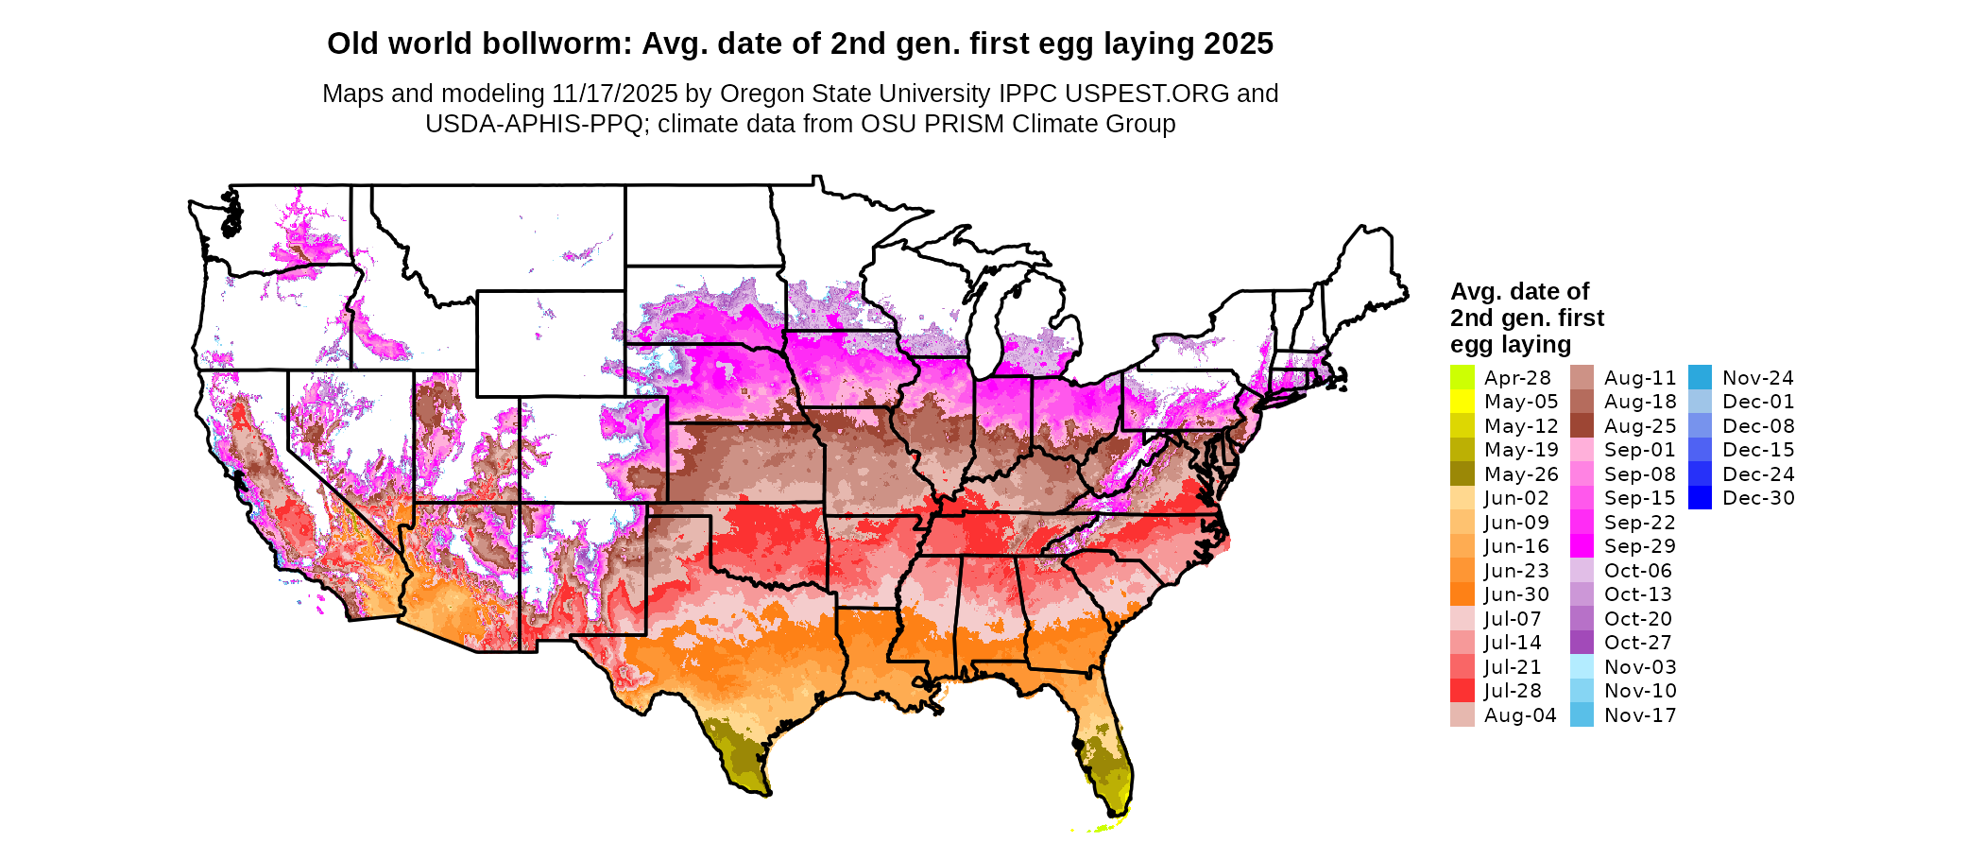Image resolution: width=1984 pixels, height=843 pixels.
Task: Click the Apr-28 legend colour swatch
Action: pos(1462,377)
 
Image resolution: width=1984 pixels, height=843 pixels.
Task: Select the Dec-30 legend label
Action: pos(1758,498)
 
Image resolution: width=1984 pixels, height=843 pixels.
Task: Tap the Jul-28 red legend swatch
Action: pos(1462,691)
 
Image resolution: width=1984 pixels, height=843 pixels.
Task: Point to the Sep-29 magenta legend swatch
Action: pos(1582,546)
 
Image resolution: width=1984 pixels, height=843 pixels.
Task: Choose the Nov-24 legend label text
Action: pos(1757,378)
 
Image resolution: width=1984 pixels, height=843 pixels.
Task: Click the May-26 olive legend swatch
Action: pos(1462,474)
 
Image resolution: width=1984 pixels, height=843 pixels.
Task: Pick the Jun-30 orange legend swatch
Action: pos(1462,594)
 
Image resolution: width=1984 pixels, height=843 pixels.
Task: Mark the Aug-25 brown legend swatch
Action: pos(1582,426)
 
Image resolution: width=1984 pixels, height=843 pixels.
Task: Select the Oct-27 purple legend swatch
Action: pos(1582,643)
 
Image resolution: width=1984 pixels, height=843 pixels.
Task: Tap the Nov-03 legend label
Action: pos(1640,667)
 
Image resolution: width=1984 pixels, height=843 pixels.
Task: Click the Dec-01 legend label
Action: pos(1757,402)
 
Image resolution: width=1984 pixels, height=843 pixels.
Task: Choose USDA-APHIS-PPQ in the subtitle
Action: pos(534,124)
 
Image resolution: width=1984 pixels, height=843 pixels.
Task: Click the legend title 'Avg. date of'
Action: pos(1519,291)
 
